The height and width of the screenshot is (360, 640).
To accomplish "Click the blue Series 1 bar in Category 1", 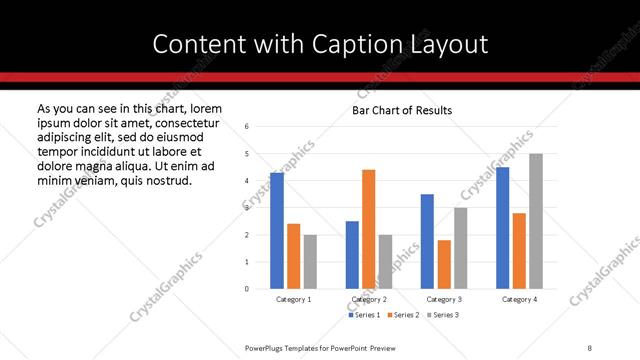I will (277, 231).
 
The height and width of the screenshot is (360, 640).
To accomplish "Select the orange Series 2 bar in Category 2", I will (368, 229).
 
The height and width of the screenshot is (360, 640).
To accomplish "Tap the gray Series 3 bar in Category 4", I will (536, 221).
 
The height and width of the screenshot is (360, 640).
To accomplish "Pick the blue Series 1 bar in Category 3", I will (427, 241).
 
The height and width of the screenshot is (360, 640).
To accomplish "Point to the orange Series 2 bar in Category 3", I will (444, 264).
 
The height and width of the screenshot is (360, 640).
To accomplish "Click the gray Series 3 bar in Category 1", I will (310, 262).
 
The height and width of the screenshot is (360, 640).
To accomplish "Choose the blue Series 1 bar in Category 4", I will (502, 228).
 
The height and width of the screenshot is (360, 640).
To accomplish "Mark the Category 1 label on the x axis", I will (293, 299).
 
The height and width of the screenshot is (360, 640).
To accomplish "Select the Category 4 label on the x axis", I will (519, 299).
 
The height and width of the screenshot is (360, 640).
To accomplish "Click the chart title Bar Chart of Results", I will (402, 110).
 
